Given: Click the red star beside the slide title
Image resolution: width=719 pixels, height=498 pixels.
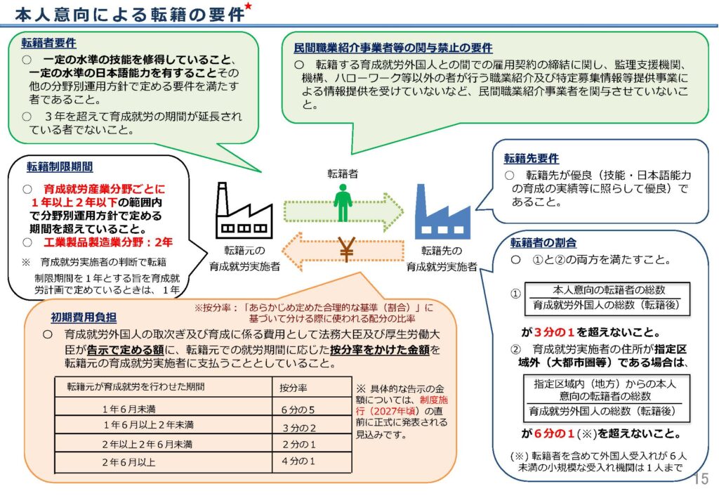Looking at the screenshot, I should tap(249, 8).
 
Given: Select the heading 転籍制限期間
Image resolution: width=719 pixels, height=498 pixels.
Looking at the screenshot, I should tap(60, 167).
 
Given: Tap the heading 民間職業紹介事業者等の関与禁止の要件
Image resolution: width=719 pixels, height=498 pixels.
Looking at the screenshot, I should tap(393, 48).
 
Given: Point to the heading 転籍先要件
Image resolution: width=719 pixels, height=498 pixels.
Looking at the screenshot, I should tap(531, 159).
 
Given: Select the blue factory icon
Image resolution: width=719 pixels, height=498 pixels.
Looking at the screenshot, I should tap(441, 211).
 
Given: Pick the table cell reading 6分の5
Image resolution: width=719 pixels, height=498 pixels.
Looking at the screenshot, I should tap(298, 409).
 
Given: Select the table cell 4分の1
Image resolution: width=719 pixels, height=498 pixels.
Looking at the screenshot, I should tap(298, 461).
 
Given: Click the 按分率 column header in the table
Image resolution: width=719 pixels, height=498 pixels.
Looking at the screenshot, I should tap(293, 387).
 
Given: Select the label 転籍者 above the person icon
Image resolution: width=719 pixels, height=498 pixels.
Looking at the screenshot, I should tap(342, 173).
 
